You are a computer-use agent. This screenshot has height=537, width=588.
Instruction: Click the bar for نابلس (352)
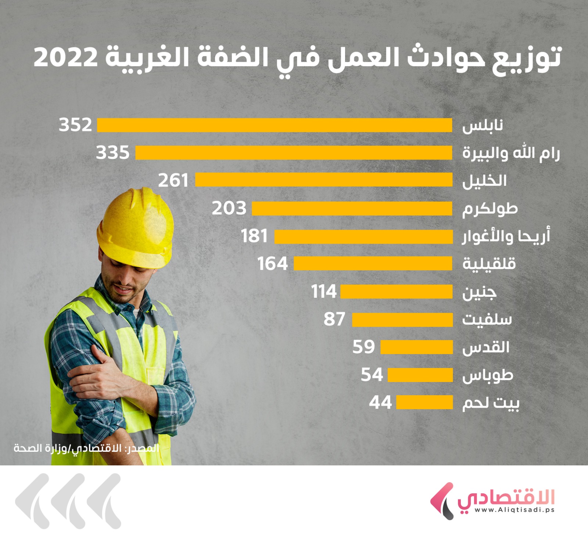point(274,125)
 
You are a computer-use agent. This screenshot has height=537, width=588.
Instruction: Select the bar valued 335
point(293,153)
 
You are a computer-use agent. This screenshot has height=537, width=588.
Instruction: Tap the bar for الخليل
point(323,180)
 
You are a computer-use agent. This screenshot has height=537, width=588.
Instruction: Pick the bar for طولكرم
point(352,209)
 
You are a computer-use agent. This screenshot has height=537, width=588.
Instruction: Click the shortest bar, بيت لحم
point(424,402)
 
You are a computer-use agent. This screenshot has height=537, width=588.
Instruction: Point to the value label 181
point(254,236)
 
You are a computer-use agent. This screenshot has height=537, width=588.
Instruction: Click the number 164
point(272,264)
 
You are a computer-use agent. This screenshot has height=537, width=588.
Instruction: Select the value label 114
point(324,292)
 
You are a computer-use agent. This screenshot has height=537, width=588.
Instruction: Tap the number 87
point(334,319)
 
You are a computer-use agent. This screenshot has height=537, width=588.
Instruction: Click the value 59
point(363,347)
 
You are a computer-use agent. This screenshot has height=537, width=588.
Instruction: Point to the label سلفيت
point(487,320)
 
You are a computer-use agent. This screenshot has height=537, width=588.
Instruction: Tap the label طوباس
point(487,376)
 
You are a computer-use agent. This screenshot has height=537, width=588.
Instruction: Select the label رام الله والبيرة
point(511,153)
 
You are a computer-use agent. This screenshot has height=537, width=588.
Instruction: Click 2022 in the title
point(66,58)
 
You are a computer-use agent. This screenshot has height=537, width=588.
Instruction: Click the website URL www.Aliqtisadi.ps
point(514,510)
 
